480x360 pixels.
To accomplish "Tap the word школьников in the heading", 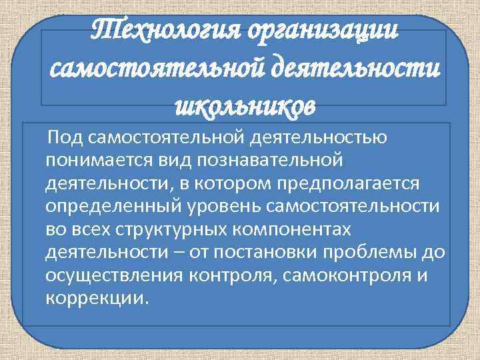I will pos(242,105).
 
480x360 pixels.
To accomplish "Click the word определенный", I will pos(110,205).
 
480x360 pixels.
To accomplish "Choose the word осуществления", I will pos(114,275).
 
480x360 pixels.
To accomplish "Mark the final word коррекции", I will pos(94,297).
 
